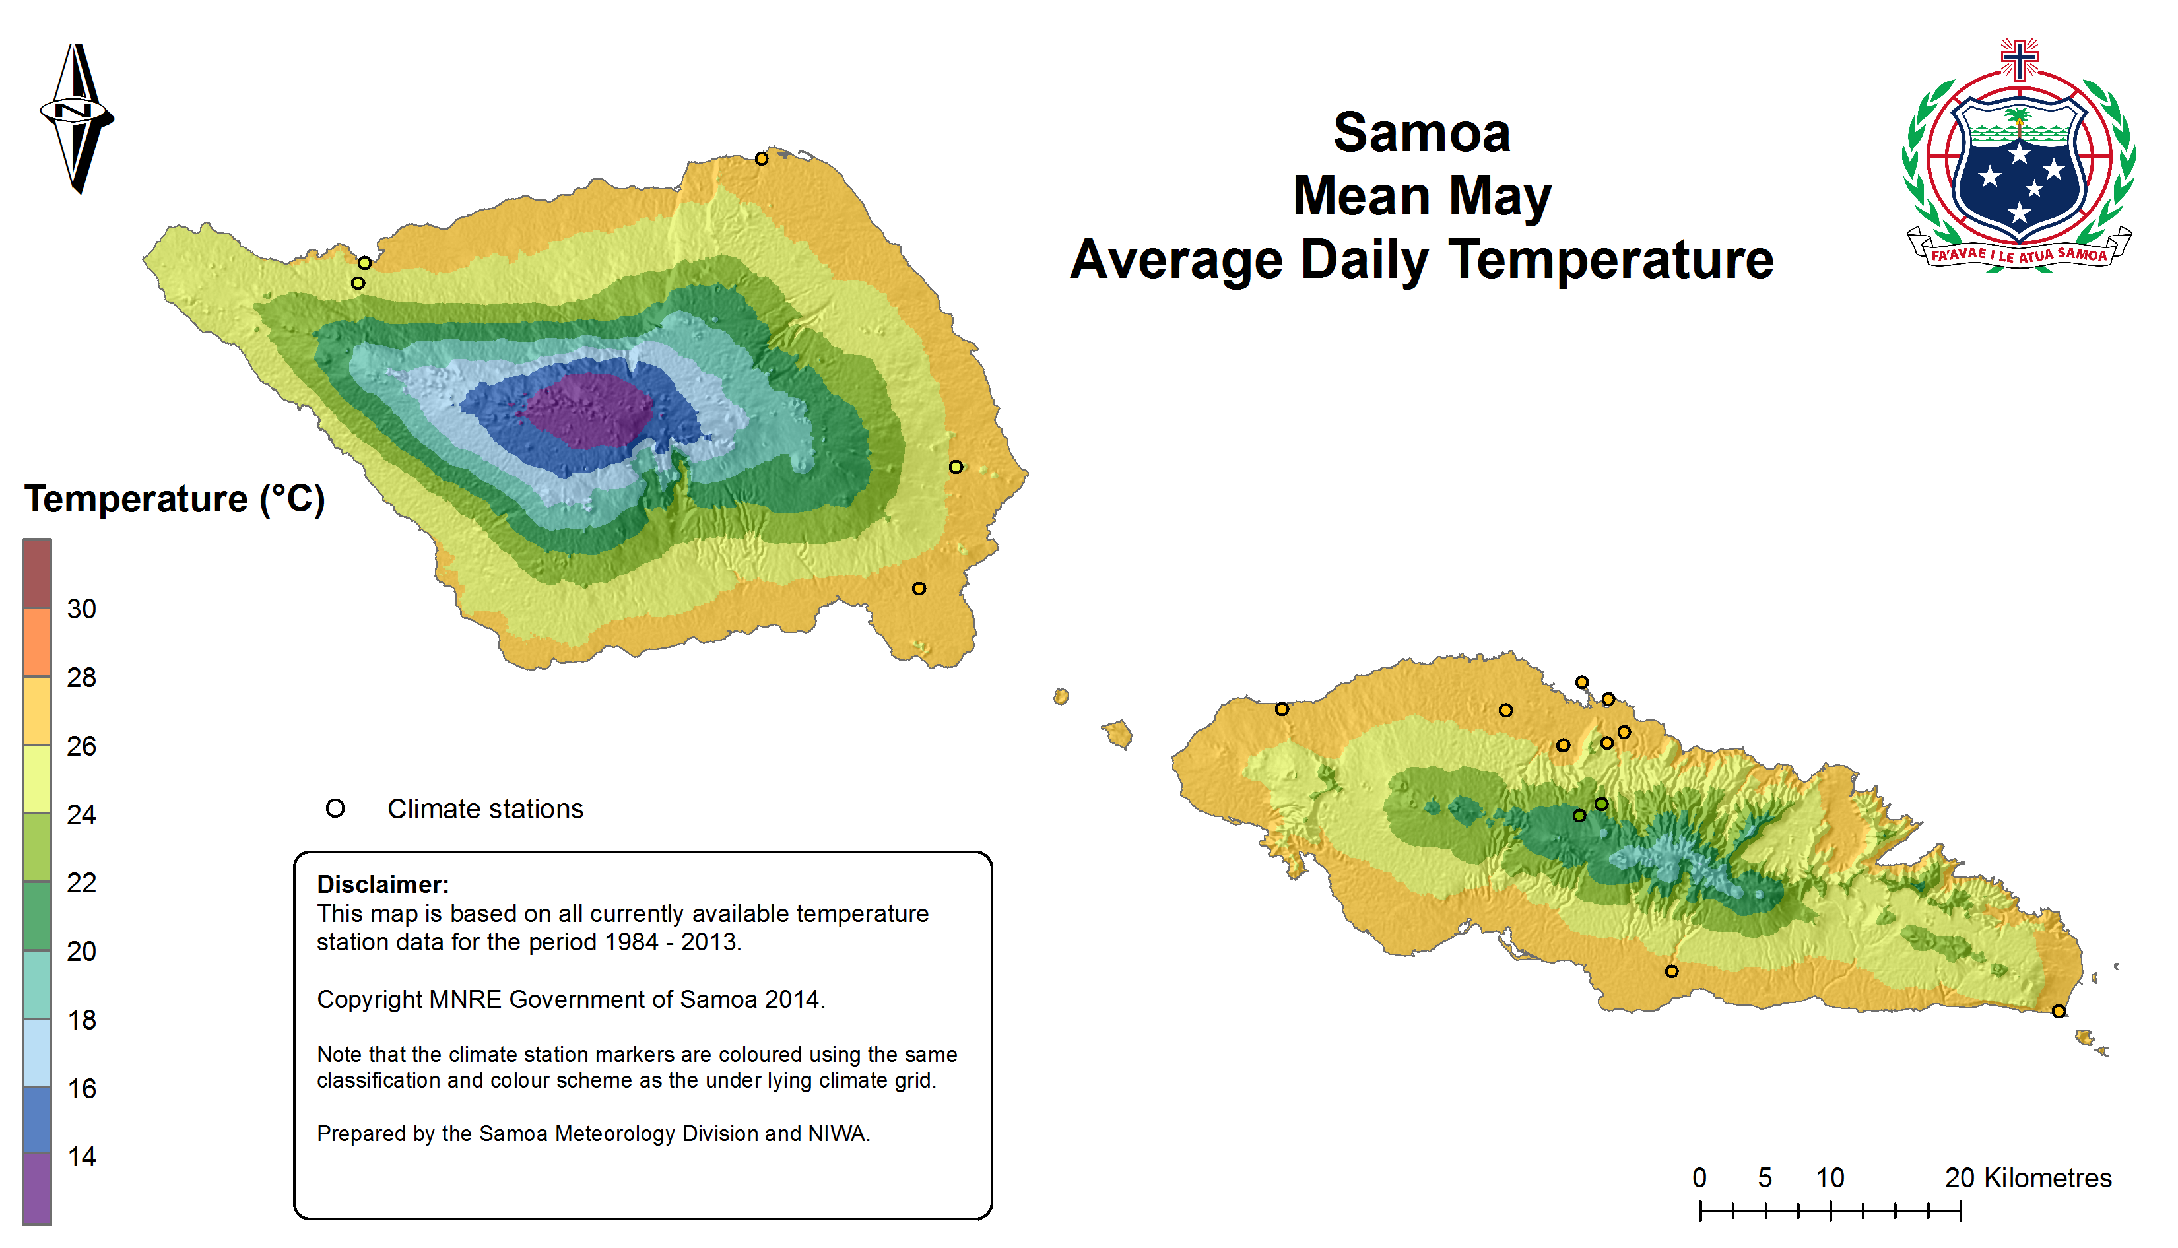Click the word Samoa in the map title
(1421, 134)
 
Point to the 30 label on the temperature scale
(81, 609)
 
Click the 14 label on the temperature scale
(81, 1157)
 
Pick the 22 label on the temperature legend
(81, 883)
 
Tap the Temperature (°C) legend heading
(174, 499)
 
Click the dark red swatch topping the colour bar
(37, 574)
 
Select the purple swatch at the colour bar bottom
(37, 1188)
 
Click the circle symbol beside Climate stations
(335, 808)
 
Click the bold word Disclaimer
(382, 884)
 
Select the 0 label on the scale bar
(1699, 1178)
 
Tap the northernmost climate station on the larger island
(761, 158)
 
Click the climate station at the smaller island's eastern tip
(2058, 1012)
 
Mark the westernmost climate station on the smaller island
(1282, 709)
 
